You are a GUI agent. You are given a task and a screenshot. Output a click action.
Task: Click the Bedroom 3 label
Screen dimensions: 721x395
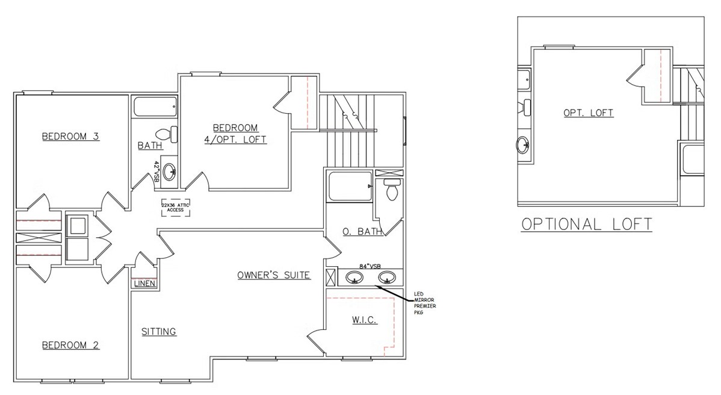click(70, 137)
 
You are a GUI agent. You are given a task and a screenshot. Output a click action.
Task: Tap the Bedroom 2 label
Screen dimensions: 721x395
click(70, 346)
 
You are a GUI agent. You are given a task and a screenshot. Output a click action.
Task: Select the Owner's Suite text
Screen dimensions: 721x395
click(274, 275)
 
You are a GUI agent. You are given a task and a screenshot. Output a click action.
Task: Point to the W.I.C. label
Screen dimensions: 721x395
click(365, 320)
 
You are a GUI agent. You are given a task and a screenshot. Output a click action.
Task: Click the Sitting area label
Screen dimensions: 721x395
click(159, 332)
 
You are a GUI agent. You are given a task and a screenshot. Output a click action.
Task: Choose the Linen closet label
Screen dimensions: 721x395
click(144, 284)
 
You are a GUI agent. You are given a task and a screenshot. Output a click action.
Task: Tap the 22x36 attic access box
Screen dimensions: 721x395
click(175, 207)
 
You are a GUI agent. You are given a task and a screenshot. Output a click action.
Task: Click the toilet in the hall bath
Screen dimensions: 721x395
click(167, 134)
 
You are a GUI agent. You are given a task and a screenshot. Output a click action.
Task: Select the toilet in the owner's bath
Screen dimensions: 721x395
click(392, 190)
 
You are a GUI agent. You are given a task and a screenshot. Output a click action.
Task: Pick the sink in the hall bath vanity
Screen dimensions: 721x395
click(170, 172)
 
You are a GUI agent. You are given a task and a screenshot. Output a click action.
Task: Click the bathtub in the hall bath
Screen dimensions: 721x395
click(155, 107)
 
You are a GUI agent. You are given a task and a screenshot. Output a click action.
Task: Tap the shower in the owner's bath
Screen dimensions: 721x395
click(350, 186)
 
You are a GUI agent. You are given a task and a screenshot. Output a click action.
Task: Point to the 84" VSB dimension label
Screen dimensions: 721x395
click(370, 266)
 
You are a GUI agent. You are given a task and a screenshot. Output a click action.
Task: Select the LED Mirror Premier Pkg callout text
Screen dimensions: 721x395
click(425, 303)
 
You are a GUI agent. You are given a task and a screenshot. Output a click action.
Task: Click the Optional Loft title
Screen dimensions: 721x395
click(587, 225)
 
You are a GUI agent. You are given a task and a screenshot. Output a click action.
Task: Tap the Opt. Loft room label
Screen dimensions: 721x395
click(588, 113)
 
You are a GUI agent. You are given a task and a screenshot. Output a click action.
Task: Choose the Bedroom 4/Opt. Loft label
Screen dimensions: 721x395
click(235, 133)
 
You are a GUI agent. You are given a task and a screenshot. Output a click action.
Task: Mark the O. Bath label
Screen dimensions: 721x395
click(362, 231)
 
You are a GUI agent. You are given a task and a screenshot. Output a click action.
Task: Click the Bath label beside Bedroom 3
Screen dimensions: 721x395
click(150, 145)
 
